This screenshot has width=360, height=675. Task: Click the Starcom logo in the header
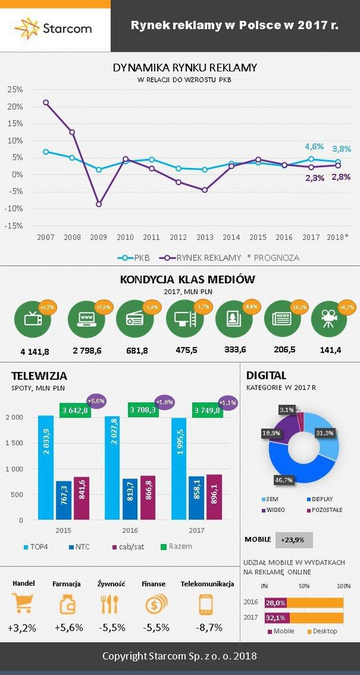54,27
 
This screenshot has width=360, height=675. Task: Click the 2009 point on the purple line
99,204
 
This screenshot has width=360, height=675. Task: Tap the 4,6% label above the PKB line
314,146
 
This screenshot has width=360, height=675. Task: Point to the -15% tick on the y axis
15,226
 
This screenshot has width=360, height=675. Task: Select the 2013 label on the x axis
205,237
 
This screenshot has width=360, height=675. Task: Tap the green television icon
32,319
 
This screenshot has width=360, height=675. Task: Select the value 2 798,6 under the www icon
87,351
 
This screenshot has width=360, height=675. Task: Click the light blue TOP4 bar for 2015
46,467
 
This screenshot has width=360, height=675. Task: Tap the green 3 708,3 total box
142,410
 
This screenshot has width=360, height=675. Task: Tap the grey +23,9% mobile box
293,540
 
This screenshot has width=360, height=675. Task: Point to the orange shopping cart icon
23,604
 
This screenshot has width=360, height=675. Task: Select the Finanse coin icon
156,604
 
